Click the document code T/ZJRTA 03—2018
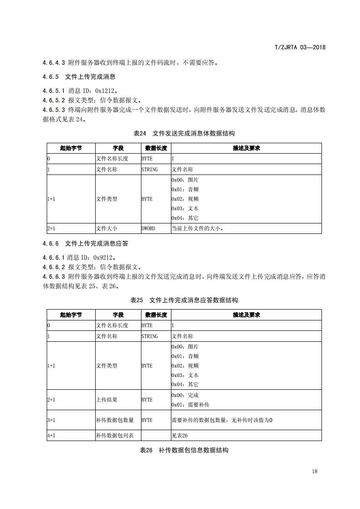(x=300, y=47)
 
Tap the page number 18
(x=315, y=471)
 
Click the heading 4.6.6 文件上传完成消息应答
(x=85, y=243)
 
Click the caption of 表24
(x=184, y=133)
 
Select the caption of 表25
(x=184, y=300)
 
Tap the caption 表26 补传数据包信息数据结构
(x=184, y=450)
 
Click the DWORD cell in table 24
(x=148, y=228)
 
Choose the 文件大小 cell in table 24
(x=107, y=228)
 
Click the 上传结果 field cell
(x=105, y=400)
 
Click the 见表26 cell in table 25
(x=180, y=436)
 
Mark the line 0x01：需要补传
(x=190, y=405)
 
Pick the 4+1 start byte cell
(x=51, y=436)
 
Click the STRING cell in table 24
(x=150, y=169)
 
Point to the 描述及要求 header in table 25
(x=246, y=315)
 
